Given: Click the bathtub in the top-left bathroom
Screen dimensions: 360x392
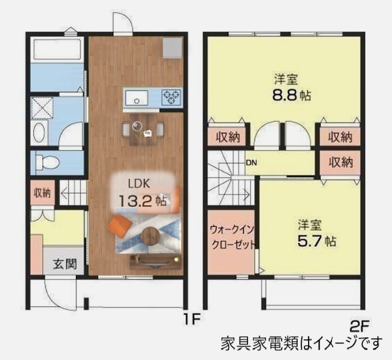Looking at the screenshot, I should [56, 50].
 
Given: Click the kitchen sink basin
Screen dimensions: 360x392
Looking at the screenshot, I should [136, 97].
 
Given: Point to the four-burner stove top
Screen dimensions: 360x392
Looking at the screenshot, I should [171, 97].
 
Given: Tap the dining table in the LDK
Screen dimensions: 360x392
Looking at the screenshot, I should [143, 128].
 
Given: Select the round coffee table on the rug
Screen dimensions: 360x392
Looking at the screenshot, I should [150, 235].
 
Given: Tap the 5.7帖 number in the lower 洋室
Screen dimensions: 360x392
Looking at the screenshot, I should [316, 241].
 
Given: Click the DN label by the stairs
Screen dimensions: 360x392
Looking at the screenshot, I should [251, 163].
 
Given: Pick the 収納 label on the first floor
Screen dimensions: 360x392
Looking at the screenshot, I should [42, 193].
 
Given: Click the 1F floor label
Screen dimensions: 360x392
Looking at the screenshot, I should [192, 318].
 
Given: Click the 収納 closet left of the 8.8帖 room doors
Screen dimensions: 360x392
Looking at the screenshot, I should [227, 137].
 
